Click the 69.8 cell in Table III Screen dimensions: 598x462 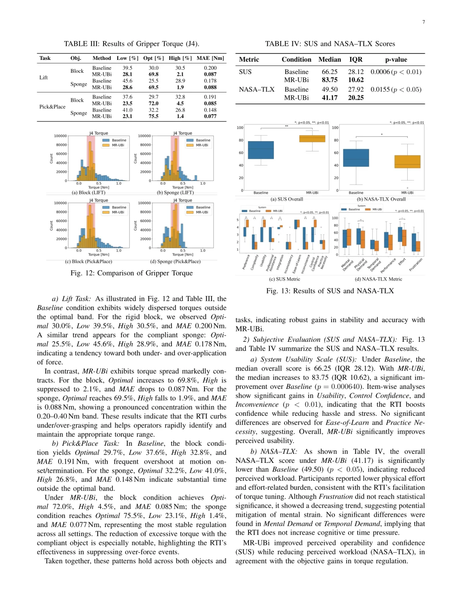tap(154, 74)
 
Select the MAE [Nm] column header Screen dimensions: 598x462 tap(210, 58)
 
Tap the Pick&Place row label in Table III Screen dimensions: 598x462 tap(52, 107)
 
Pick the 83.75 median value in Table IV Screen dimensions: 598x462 tap(329, 80)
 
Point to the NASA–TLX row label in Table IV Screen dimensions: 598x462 tap(256, 89)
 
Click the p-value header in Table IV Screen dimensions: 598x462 tap(396, 59)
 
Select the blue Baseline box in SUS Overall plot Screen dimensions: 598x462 tap(261, 150)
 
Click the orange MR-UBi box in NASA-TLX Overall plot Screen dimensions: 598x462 tap(407, 161)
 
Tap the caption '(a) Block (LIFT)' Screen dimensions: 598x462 tap(89, 192)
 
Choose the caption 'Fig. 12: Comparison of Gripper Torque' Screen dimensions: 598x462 tap(131, 273)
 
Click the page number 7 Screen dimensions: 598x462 tap(423, 22)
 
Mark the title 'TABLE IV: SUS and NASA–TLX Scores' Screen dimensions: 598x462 tap(330, 44)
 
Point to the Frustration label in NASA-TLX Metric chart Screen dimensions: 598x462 tap(416, 265)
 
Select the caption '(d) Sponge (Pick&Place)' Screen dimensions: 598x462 tap(175, 261)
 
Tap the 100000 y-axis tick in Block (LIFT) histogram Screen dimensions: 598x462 tap(60, 136)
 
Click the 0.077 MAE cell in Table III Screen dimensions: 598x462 tap(210, 116)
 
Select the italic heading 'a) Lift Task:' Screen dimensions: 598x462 tap(71, 299)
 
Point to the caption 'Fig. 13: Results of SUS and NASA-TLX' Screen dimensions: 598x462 tap(330, 291)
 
